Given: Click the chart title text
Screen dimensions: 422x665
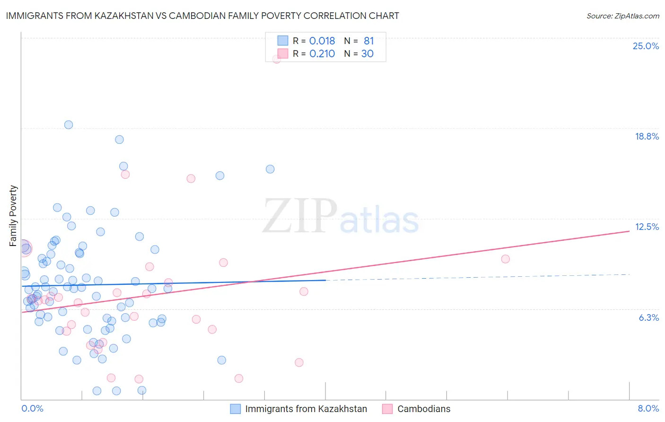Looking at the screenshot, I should pyautogui.click(x=202, y=16).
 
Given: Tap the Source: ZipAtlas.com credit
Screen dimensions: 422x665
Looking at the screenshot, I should pyautogui.click(x=622, y=16).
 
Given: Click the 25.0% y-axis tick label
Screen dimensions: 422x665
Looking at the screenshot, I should pyautogui.click(x=646, y=46).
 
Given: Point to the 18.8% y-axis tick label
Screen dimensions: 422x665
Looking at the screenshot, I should pyautogui.click(x=647, y=136).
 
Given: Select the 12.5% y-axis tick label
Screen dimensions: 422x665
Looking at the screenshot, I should pyautogui.click(x=647, y=227).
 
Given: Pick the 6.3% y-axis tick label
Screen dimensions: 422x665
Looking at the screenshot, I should pyautogui.click(x=648, y=317).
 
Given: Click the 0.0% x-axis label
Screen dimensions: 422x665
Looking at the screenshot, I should pyautogui.click(x=32, y=408).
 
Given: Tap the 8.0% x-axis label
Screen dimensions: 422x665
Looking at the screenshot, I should pyautogui.click(x=648, y=408).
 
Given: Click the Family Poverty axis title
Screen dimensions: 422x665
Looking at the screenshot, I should pyautogui.click(x=13, y=216).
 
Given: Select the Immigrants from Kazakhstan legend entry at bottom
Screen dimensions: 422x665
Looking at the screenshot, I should pyautogui.click(x=306, y=409).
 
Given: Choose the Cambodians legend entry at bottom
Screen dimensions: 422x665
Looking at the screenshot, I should pyautogui.click(x=423, y=409).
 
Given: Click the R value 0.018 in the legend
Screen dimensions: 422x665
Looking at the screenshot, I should pyautogui.click(x=322, y=41).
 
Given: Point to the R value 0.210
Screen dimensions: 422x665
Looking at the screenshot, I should pyautogui.click(x=322, y=54).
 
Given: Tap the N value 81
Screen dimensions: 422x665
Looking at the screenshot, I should pyautogui.click(x=368, y=41).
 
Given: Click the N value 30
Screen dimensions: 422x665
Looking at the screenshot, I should pyautogui.click(x=367, y=54).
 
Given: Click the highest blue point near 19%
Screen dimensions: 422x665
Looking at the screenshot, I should pyautogui.click(x=69, y=125).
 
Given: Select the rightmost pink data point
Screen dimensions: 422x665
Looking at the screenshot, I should pyautogui.click(x=505, y=259).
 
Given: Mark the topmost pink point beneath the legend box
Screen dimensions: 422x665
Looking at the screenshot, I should pyautogui.click(x=277, y=59).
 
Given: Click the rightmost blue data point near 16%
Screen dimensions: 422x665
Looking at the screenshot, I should pyautogui.click(x=270, y=169).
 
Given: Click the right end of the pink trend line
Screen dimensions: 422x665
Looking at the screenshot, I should pyautogui.click(x=629, y=231).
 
